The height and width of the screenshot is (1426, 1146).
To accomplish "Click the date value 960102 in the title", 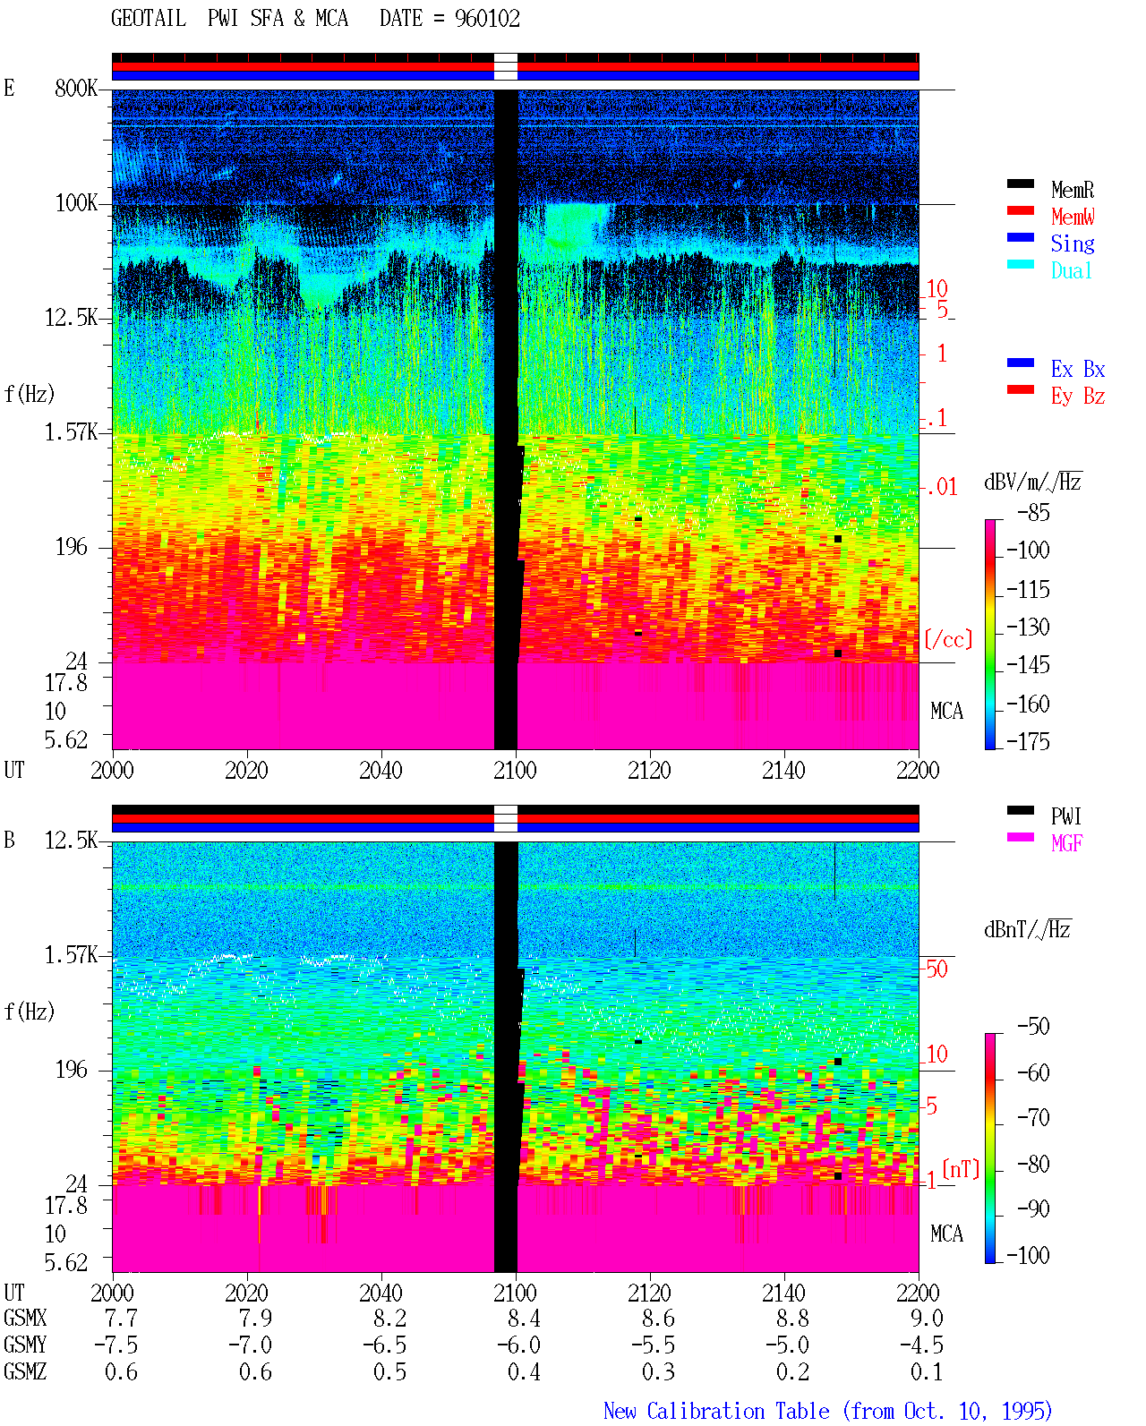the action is pos(487,19).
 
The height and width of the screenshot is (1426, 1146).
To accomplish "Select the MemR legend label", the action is pos(1073,190).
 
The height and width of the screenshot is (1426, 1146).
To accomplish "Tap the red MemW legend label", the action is pos(1073,217).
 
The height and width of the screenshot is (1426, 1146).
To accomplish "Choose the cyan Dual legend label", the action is pos(1071,270).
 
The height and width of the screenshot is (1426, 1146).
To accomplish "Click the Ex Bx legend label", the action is pos(1078,369).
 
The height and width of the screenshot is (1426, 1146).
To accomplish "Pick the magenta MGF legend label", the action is pos(1066,843).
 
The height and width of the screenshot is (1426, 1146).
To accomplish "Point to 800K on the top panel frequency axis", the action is pos(76,88).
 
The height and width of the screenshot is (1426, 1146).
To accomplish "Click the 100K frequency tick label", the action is pos(76,203).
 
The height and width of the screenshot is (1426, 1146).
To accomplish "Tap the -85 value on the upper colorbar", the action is pos(1033,512).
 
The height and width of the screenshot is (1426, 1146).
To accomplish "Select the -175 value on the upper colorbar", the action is pos(1028,741).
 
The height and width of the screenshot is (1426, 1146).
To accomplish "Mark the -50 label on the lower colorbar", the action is pos(1033,1027).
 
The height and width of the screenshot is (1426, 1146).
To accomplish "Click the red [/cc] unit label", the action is pos(948,639).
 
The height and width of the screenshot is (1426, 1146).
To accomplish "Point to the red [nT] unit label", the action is pos(961,1169).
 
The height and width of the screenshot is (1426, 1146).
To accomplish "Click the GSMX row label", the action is pos(25,1318).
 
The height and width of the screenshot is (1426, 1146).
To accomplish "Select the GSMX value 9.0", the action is pos(927,1318).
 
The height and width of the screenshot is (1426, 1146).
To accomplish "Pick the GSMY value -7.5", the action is pos(116,1345).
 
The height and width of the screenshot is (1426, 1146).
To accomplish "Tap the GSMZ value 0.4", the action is pos(524,1371).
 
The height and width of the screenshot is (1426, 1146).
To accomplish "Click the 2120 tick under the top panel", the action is pos(650,770).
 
